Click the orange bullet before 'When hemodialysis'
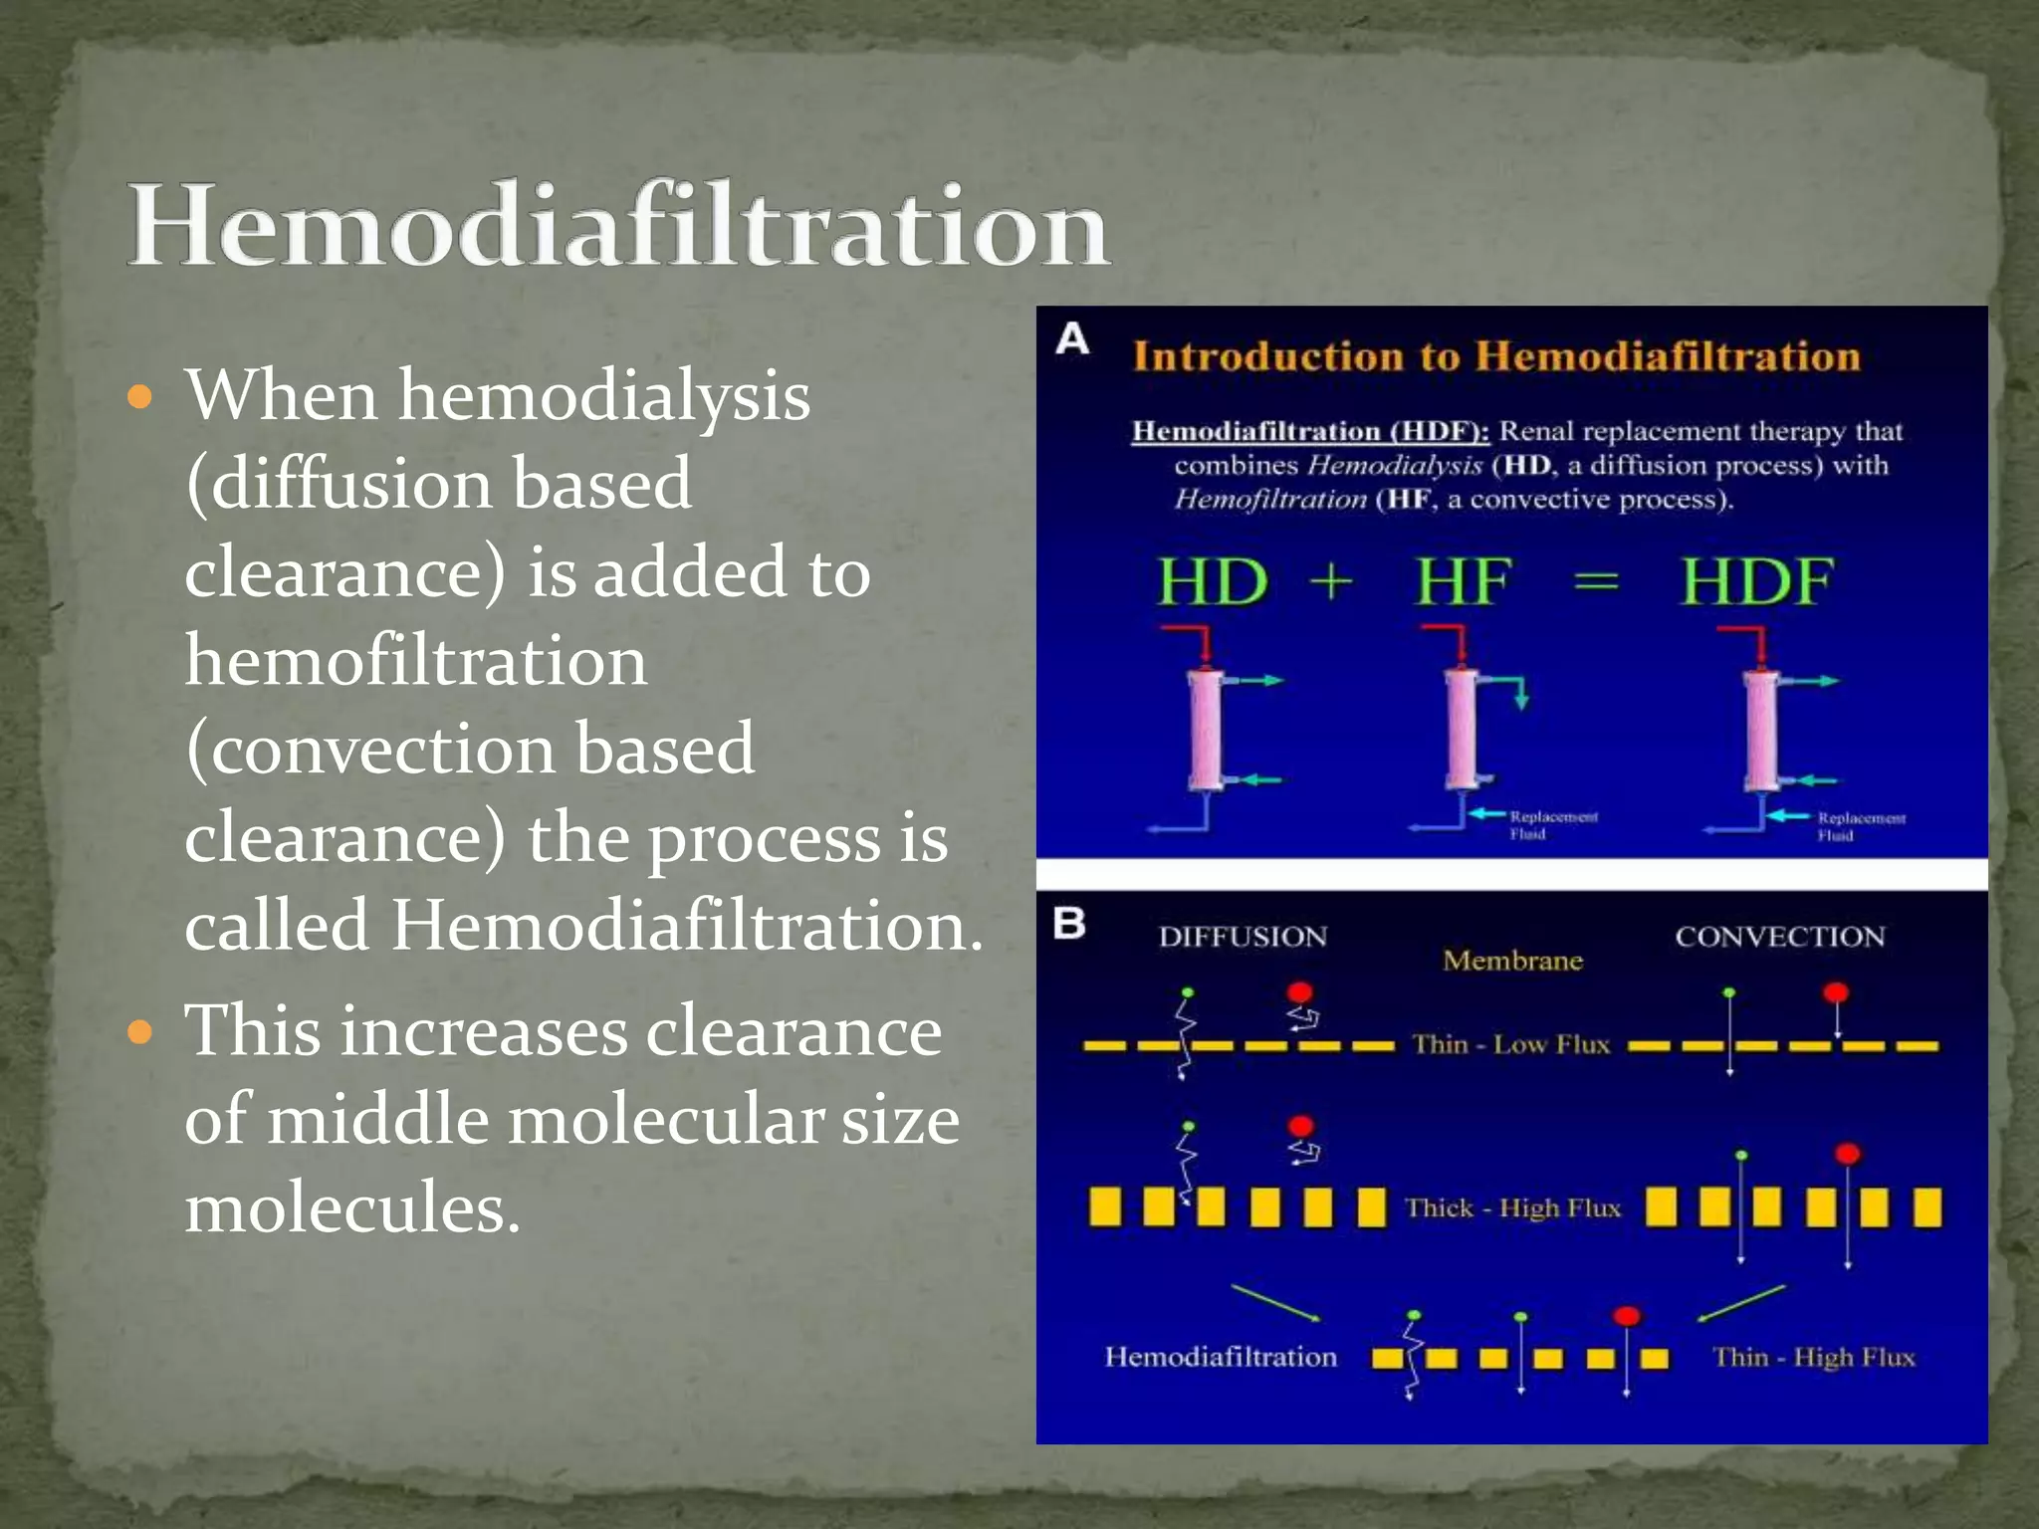point(141,398)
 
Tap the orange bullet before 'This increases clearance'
point(141,1032)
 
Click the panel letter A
point(1072,339)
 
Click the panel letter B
point(1070,923)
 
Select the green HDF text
point(1756,581)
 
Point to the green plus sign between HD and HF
point(1331,581)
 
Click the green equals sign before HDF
point(1596,581)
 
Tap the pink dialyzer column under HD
point(1206,731)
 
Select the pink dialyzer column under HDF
point(1761,731)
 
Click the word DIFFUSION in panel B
point(1243,937)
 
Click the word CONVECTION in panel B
point(1779,937)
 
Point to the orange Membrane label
point(1512,961)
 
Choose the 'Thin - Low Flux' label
point(1510,1044)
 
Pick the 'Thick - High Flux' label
point(1512,1207)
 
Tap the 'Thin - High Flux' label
point(1813,1357)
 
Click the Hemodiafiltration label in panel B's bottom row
point(1221,1357)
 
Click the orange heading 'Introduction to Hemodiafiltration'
point(1496,356)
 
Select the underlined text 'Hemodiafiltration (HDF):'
point(1310,431)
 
